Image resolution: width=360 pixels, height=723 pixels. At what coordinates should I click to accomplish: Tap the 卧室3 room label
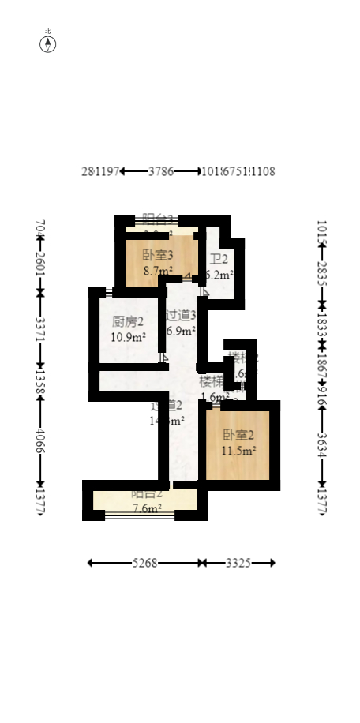click(x=158, y=255)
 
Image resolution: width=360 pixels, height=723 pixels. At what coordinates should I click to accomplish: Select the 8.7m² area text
click(x=158, y=270)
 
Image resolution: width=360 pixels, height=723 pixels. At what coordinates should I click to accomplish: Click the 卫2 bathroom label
click(x=219, y=259)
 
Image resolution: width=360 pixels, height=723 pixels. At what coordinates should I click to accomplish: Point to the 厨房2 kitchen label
click(x=128, y=321)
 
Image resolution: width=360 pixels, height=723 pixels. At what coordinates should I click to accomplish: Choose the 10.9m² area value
click(x=128, y=337)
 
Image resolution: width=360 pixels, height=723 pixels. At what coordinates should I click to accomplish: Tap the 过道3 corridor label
click(x=181, y=315)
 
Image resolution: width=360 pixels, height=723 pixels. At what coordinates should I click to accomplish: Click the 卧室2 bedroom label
click(x=238, y=435)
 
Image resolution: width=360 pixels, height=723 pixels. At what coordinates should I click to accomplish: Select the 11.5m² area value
click(x=238, y=451)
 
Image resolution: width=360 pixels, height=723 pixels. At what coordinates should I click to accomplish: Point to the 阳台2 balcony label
click(x=147, y=494)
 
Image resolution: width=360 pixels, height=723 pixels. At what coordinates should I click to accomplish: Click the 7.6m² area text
click(x=147, y=508)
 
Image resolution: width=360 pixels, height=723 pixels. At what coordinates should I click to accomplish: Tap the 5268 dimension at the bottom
click(x=144, y=563)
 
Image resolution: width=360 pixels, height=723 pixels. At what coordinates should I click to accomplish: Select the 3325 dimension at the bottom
click(x=238, y=563)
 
